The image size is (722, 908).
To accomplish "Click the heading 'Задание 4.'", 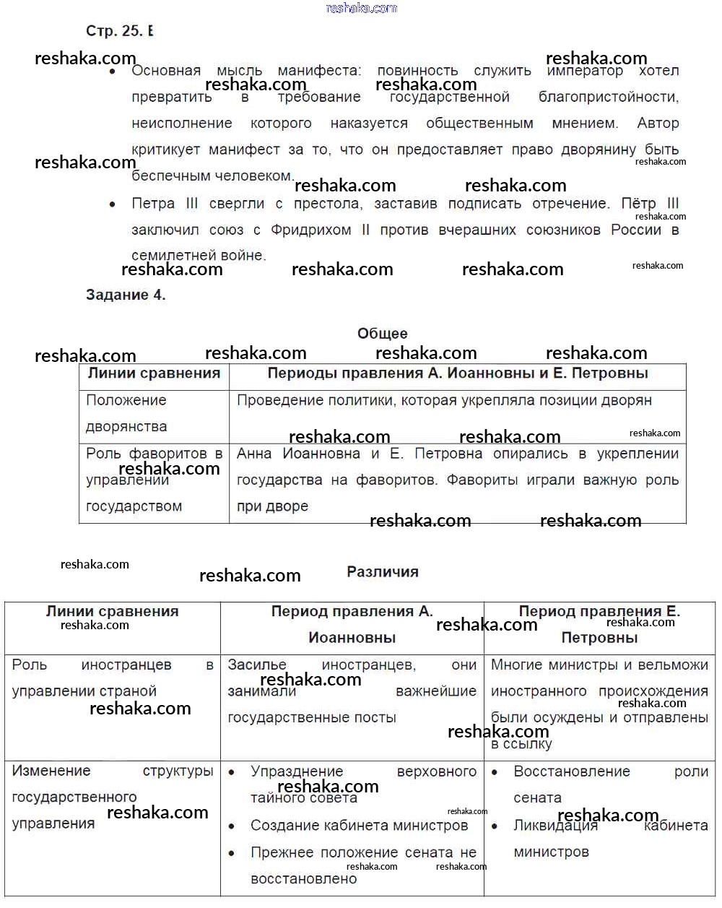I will (x=126, y=295).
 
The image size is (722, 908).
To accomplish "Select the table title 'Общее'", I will (x=383, y=334).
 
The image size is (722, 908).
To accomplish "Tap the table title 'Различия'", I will (x=383, y=572).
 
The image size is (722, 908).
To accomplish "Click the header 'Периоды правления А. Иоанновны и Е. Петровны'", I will (x=458, y=373).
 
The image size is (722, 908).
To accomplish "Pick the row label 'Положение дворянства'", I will (x=126, y=413).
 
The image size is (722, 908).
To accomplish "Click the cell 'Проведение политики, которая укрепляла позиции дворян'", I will (x=444, y=400).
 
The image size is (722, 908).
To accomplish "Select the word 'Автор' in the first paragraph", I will (x=658, y=124).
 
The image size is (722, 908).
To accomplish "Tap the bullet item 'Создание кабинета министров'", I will (x=359, y=825).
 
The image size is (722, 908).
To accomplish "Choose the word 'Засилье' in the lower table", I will (x=257, y=665).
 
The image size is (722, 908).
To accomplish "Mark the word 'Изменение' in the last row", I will (x=51, y=771).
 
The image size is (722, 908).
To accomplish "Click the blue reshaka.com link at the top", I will (x=361, y=8).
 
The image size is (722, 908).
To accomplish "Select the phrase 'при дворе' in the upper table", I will (x=272, y=506).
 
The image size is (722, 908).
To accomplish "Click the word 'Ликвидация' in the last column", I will (x=555, y=825).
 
